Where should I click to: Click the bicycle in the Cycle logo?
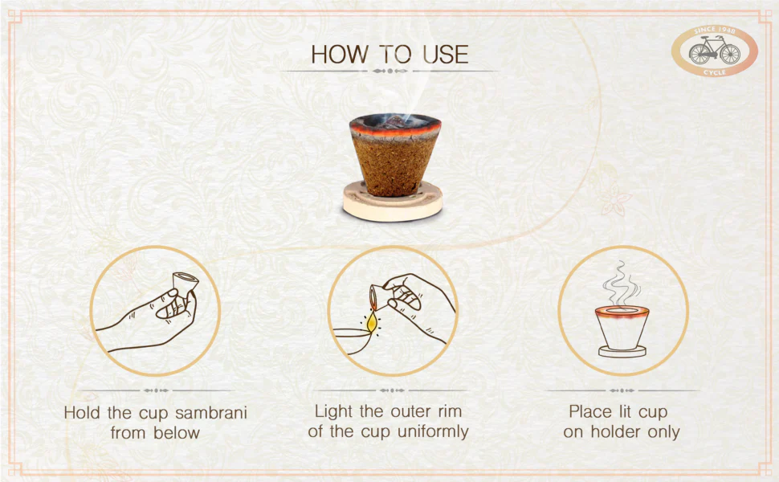click(x=714, y=52)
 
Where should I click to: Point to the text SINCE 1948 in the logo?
click(x=714, y=33)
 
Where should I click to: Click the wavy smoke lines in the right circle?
click(x=621, y=280)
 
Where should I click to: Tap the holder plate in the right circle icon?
click(x=622, y=351)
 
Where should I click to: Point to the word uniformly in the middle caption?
click(x=429, y=431)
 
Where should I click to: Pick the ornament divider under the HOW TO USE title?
click(x=389, y=71)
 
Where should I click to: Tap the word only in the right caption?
click(x=663, y=432)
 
